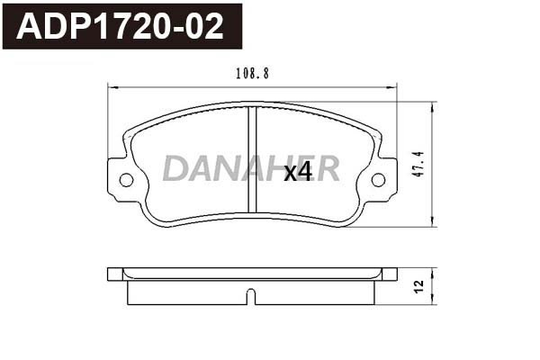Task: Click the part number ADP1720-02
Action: [x=121, y=26]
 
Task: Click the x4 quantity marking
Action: [x=298, y=173]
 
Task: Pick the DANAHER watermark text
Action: [x=251, y=168]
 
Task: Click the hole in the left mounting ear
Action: [x=125, y=180]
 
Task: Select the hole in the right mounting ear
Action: [x=379, y=180]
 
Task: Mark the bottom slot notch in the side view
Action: [x=253, y=296]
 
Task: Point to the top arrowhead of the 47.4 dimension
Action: [x=433, y=105]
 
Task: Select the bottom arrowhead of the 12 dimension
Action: [x=433, y=301]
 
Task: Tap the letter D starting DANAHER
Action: [x=174, y=168]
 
